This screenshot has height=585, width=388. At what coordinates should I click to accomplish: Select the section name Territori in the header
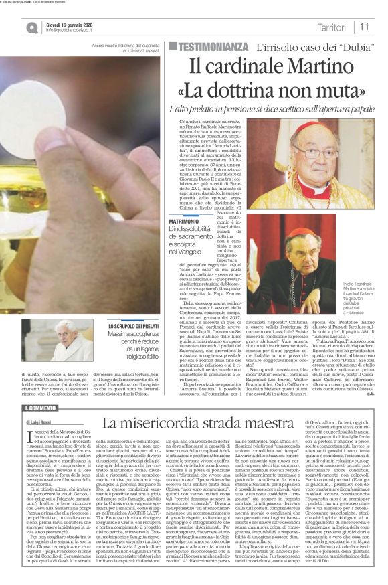click(333, 27)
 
